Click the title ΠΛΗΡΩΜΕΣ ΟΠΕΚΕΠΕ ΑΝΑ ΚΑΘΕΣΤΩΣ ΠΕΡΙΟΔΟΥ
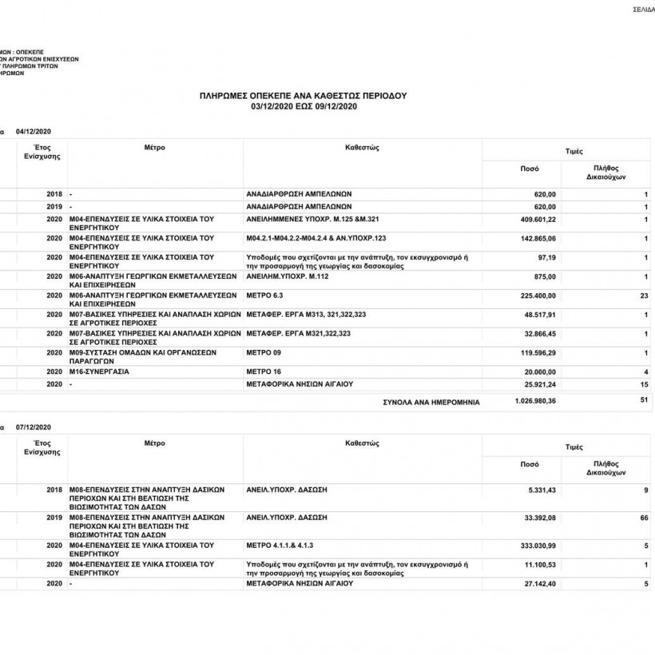(x=303, y=95)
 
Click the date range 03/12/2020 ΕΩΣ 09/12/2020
(x=303, y=105)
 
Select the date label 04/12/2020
(x=34, y=131)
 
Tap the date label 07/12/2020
(x=34, y=427)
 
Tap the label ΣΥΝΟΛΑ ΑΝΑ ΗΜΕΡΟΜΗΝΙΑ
(x=432, y=403)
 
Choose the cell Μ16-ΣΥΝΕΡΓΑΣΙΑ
(x=100, y=372)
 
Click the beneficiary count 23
(x=644, y=296)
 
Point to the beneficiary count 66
(x=644, y=518)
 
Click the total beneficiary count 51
(x=644, y=402)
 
